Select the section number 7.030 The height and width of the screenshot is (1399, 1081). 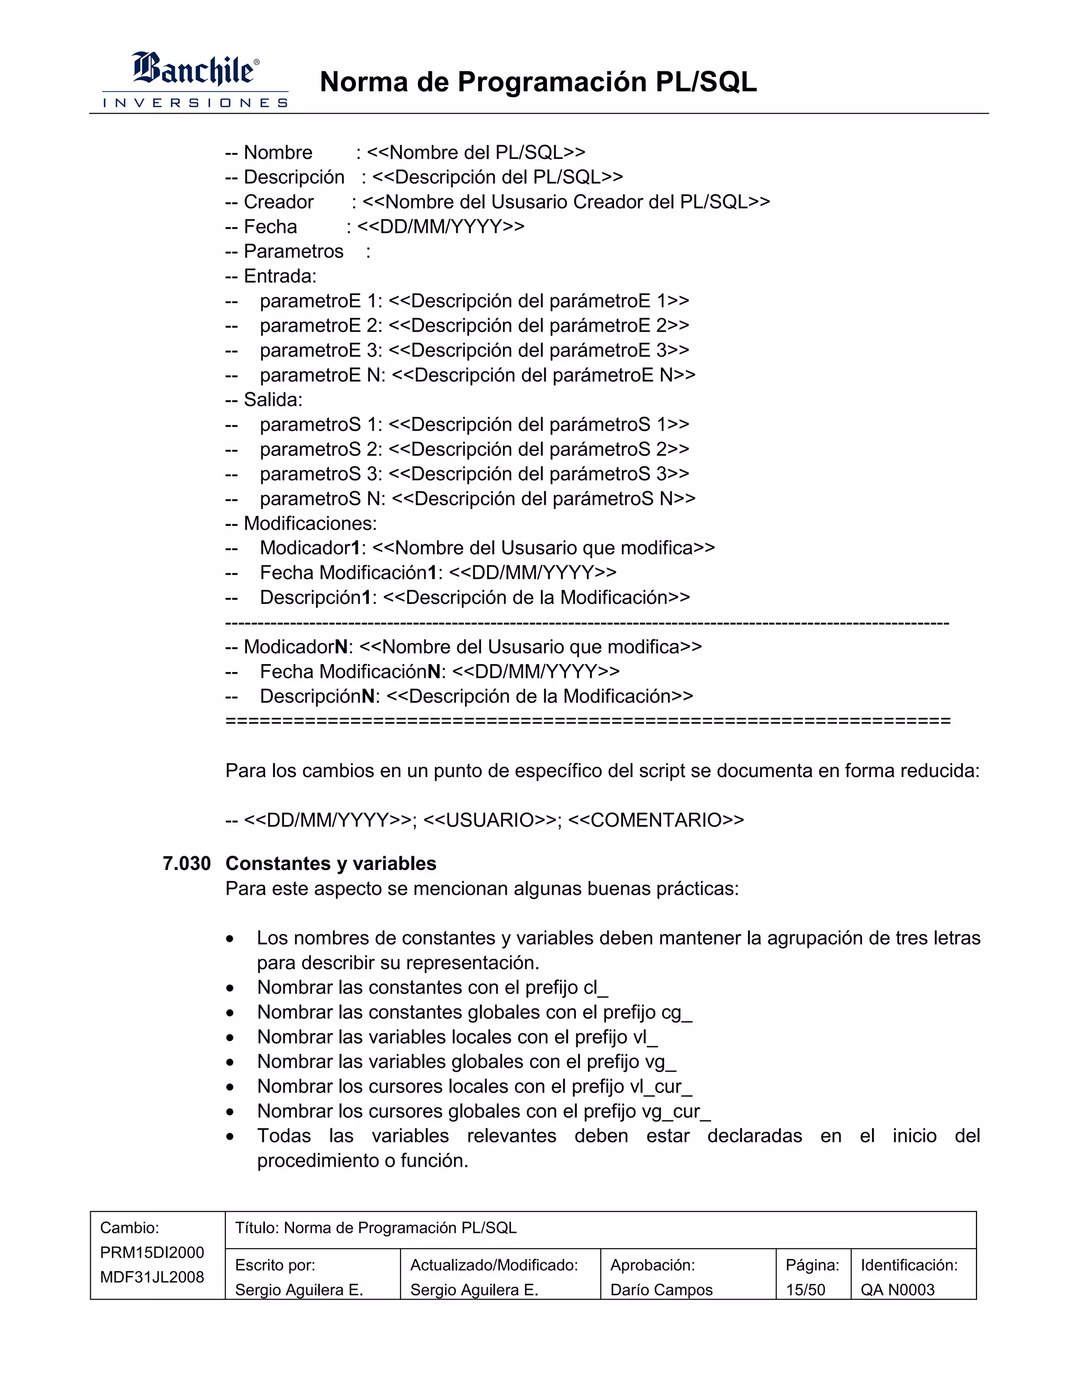click(x=186, y=864)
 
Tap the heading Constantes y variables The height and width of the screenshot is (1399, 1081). click(x=330, y=864)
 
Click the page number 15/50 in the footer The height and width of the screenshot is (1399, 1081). click(x=805, y=1290)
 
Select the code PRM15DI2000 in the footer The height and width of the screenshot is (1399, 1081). click(x=152, y=1252)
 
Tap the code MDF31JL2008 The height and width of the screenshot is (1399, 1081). click(x=152, y=1277)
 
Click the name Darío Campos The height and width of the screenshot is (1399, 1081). click(x=661, y=1290)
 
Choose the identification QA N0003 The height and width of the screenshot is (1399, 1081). click(x=897, y=1290)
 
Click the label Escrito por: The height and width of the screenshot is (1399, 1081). click(x=274, y=1265)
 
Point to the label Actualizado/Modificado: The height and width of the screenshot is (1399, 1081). click(x=494, y=1265)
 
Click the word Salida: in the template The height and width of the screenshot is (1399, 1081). click(x=273, y=400)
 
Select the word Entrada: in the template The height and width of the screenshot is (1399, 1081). click(x=280, y=276)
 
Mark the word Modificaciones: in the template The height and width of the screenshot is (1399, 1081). click(x=310, y=523)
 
